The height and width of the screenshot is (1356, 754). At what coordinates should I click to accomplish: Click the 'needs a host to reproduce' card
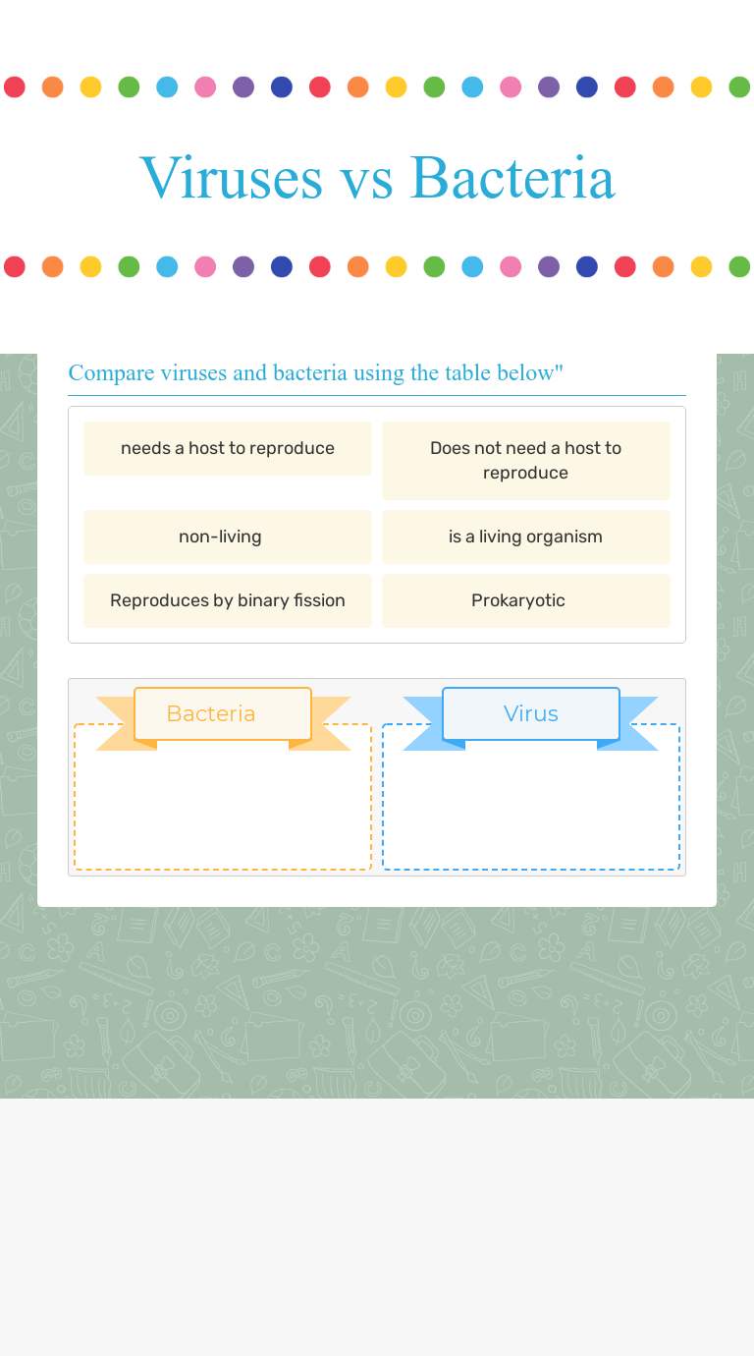coord(228,449)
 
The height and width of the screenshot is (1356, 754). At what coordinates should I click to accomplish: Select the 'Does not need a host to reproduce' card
coord(526,461)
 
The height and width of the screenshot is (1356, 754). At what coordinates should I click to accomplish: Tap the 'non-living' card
coord(228,537)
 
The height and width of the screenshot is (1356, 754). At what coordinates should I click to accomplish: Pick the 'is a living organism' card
coord(526,537)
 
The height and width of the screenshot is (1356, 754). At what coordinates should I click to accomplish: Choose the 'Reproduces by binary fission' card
coord(228,600)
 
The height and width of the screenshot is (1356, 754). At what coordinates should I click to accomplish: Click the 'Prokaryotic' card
coord(526,600)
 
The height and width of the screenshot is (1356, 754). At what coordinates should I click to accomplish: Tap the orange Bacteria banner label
coord(223,713)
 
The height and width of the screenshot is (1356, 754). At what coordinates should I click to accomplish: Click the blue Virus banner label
coord(531,713)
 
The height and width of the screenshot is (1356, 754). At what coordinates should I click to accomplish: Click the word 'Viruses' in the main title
coord(232,178)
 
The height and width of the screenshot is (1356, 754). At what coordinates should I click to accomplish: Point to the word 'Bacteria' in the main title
coord(512,178)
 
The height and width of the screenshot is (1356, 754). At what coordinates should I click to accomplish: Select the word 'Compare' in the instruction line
coord(111,373)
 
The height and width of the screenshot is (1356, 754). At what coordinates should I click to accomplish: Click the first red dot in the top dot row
coord(15,87)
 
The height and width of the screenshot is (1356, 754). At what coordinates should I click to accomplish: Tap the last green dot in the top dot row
coord(739,87)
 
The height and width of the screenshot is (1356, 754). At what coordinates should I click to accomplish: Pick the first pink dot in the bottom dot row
coord(205,267)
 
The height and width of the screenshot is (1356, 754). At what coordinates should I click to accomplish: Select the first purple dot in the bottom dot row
coord(243,267)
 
